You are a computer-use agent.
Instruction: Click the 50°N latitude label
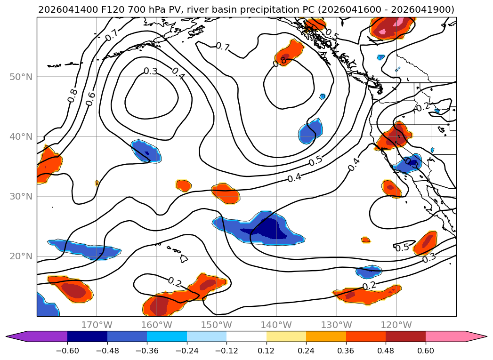click(x=21, y=77)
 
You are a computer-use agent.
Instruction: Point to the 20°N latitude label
click(x=21, y=256)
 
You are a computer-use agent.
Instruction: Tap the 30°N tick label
click(x=21, y=197)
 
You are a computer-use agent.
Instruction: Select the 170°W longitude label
click(x=97, y=325)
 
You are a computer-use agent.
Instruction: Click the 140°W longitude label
click(x=276, y=325)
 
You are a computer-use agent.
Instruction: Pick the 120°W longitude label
click(x=396, y=325)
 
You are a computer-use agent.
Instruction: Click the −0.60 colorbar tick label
click(x=67, y=351)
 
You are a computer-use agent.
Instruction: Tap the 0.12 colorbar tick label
click(x=267, y=351)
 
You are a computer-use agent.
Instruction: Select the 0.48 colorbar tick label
click(x=386, y=351)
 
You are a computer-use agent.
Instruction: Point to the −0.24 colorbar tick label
click(x=187, y=351)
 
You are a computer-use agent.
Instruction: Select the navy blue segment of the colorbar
click(x=87, y=336)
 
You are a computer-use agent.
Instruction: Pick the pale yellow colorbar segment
click(x=286, y=336)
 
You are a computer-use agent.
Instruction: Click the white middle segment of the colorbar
click(x=247, y=336)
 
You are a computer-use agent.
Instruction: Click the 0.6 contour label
click(x=90, y=99)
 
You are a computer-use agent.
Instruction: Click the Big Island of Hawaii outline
click(x=184, y=259)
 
